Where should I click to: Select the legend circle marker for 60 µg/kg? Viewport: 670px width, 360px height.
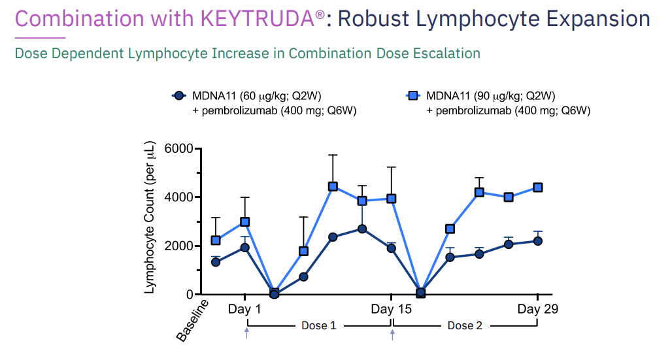click(x=178, y=96)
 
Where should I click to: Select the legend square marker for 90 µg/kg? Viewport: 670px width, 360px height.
click(x=413, y=96)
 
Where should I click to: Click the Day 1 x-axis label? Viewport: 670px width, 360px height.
click(x=244, y=308)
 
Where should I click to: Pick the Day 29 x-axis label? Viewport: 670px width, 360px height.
click(x=537, y=308)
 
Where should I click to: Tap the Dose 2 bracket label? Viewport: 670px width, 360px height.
click(x=465, y=325)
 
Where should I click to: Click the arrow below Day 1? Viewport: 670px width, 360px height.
click(x=246, y=334)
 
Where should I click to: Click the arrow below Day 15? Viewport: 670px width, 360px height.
click(x=392, y=334)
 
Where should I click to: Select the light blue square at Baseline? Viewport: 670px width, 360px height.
click(x=216, y=240)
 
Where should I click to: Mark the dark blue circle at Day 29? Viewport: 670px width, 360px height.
click(x=537, y=241)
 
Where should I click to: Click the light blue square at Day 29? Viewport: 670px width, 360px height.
click(x=537, y=188)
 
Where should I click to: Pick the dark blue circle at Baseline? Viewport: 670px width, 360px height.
click(x=216, y=262)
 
